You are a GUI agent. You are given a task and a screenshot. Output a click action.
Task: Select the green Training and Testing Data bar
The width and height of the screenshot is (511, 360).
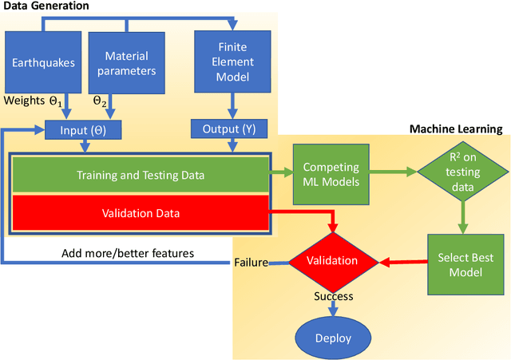click(x=140, y=175)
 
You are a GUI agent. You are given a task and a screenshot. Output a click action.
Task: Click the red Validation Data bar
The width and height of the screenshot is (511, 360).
click(x=140, y=213)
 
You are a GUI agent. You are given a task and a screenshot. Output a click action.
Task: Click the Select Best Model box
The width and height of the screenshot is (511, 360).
click(x=465, y=265)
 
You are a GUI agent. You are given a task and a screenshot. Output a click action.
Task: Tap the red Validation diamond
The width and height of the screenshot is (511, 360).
click(x=334, y=261)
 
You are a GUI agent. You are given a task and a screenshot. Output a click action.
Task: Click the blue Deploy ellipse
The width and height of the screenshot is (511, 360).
click(x=333, y=338)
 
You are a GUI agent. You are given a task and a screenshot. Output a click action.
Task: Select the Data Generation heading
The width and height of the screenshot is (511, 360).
click(x=45, y=6)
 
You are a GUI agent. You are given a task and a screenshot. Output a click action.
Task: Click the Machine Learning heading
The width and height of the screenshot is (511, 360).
click(x=456, y=129)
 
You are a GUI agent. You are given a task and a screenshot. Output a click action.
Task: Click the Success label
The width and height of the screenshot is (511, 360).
click(x=332, y=296)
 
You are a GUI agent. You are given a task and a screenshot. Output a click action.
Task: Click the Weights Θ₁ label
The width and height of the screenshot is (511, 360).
click(x=32, y=101)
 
